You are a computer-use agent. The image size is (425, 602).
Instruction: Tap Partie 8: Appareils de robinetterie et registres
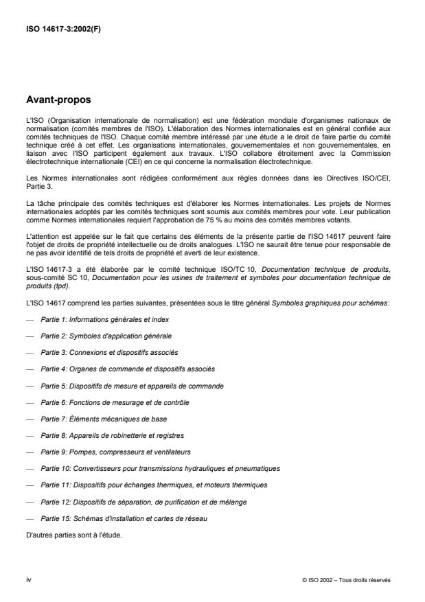pyautogui.click(x=112, y=435)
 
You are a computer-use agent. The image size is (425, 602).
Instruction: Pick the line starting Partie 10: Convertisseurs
pyautogui.click(x=160, y=468)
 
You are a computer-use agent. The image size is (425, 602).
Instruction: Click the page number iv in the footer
pyautogui.click(x=28, y=579)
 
